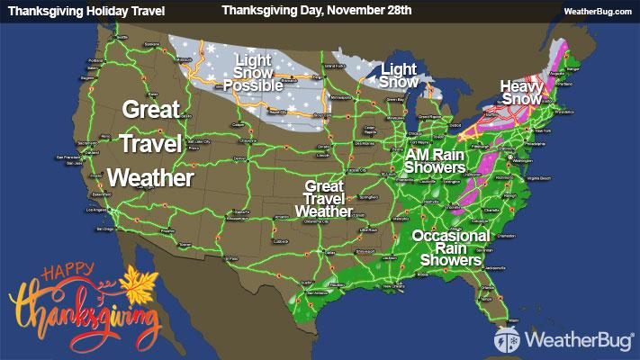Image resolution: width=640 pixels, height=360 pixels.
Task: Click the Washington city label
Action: [x=520, y=157]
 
